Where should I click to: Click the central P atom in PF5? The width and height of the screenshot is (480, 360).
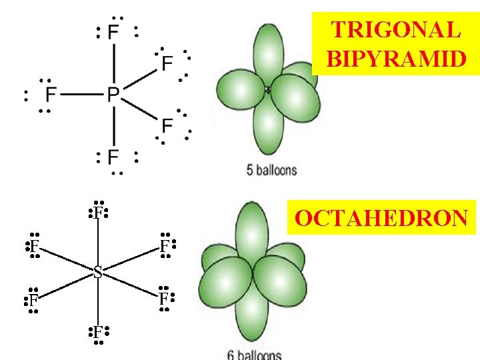coord(113,95)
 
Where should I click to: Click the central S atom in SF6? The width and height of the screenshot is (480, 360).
coord(98,272)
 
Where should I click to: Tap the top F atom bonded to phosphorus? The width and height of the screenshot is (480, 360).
coord(113,32)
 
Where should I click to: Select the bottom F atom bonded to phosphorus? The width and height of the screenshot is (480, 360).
coord(113,157)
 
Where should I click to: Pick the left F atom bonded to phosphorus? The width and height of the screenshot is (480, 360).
coord(51,95)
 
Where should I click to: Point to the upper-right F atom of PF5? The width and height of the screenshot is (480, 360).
coord(167,63)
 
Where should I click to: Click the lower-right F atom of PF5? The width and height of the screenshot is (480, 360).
coord(167,125)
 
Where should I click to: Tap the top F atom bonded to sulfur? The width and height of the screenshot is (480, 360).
coord(97,213)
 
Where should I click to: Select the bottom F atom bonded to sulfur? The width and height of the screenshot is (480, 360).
coord(97,331)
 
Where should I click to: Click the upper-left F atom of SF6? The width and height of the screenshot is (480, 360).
coord(33,246)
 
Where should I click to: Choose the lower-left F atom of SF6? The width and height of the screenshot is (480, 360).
coord(33,300)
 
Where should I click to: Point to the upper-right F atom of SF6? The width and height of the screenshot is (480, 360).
coord(164,246)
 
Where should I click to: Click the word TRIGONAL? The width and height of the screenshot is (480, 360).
coord(395,30)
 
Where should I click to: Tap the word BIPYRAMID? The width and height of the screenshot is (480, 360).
coord(395,59)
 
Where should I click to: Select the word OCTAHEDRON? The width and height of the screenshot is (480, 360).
coord(382,219)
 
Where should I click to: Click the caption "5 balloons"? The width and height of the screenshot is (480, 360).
coord(272,171)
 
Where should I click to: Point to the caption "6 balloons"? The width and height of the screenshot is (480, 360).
coord(255,355)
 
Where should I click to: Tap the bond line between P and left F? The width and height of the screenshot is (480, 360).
coord(81,95)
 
